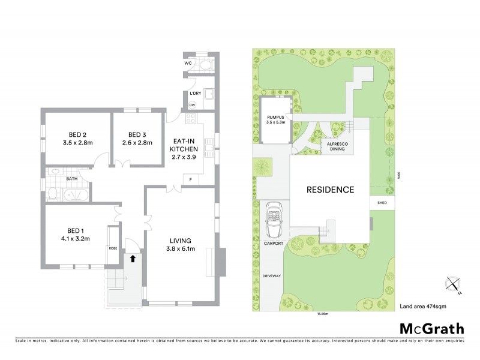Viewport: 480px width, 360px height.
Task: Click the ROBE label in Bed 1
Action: point(113,248)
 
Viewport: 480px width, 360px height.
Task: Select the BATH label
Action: point(72,178)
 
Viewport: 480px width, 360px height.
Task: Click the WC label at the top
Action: point(188,62)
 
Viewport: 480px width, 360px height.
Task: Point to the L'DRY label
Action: point(194,94)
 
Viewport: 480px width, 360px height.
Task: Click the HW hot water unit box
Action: point(192,106)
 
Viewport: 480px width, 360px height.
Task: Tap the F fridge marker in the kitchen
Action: point(190,180)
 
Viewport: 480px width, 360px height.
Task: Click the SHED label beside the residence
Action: point(382,203)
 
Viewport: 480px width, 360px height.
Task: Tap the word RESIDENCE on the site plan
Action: point(330,190)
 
